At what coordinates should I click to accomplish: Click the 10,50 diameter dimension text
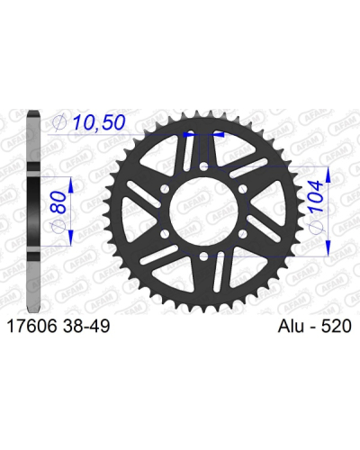coord(99,122)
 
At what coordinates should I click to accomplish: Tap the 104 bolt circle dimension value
coord(317,197)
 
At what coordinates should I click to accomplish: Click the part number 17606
coord(32,326)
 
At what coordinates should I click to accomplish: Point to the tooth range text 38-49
coord(86,326)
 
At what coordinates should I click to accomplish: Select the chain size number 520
coord(336,326)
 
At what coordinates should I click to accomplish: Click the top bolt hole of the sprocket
coord(204,166)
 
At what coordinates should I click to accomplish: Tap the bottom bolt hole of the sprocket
coord(204,256)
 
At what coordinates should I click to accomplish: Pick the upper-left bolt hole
coord(165,189)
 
